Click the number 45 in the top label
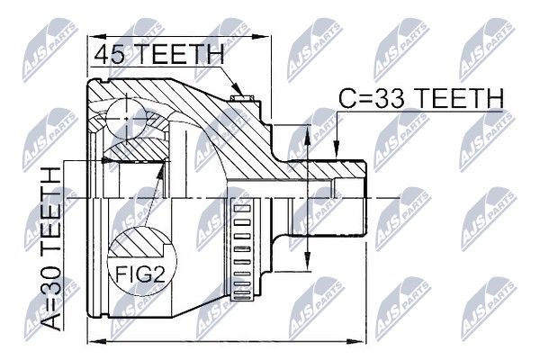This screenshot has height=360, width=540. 109,55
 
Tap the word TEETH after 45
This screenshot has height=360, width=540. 178,55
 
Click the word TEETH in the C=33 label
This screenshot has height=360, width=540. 459,98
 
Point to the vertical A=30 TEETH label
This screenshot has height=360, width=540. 51,249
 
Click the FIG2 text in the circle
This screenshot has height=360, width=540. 140,274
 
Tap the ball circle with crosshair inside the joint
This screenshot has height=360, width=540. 127,119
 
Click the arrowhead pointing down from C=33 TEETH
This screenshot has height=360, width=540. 337,150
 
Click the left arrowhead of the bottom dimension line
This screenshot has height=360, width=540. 97,341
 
